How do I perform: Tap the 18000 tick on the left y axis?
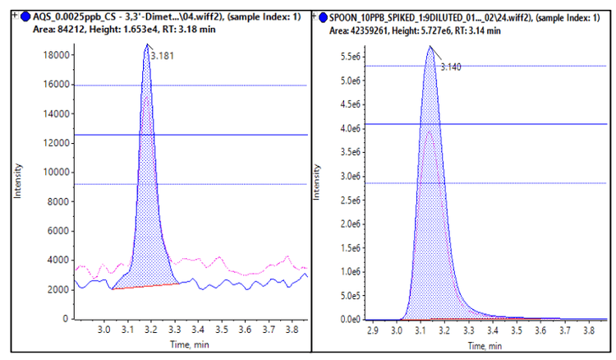pyautogui.click(x=57, y=55)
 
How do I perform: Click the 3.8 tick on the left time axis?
pyautogui.click(x=291, y=330)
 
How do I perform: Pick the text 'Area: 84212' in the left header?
pyautogui.click(x=49, y=30)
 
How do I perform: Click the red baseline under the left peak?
pyautogui.click(x=148, y=287)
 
